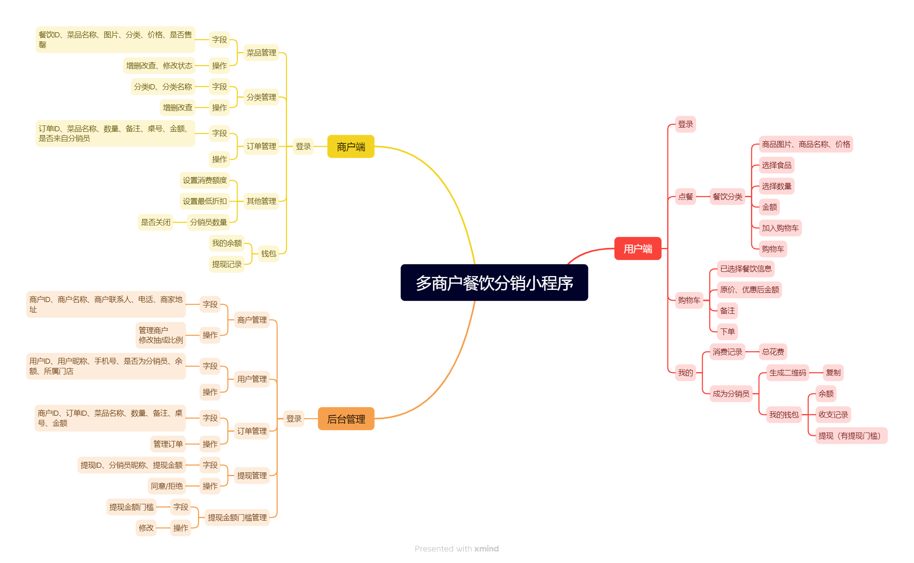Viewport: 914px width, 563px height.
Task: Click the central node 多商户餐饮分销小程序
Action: [494, 283]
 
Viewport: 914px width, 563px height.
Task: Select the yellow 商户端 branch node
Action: [351, 147]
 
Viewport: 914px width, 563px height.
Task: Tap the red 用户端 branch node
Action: [637, 249]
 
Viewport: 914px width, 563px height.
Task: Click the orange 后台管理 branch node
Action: [346, 419]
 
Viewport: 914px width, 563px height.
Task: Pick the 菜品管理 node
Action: [261, 53]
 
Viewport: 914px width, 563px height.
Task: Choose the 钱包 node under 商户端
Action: [269, 254]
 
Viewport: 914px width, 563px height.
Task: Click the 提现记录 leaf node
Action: [227, 264]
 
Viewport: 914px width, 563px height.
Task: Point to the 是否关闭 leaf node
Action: [155, 222]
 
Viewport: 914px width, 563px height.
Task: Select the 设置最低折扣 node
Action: [205, 201]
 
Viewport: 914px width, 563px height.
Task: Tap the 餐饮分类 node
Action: [727, 197]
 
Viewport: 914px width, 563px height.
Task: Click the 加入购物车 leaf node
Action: [780, 228]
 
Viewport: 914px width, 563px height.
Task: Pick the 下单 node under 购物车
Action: [727, 332]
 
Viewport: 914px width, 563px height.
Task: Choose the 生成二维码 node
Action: [787, 373]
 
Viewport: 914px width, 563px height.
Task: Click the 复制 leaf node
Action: [833, 373]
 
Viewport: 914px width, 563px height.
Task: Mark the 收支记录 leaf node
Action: [833, 415]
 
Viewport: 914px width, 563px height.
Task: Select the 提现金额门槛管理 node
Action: [237, 518]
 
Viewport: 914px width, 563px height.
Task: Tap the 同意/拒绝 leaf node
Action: [167, 486]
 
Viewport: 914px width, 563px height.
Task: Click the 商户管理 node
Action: [252, 320]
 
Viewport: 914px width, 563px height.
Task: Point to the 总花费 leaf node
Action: [773, 352]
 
